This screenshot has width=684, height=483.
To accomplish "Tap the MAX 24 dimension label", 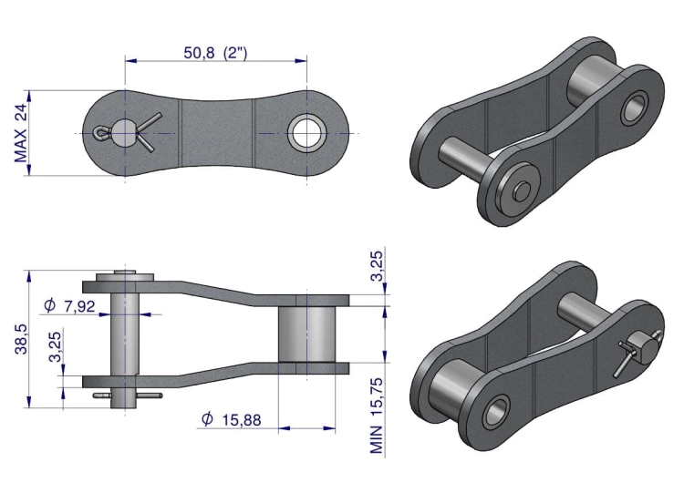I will click(21, 133).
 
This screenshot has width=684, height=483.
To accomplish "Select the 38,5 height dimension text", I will click(21, 338).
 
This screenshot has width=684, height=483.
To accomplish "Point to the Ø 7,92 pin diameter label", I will click(69, 305).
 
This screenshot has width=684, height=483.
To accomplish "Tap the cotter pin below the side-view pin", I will click(127, 396).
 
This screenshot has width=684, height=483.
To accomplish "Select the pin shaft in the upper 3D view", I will click(465, 154).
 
